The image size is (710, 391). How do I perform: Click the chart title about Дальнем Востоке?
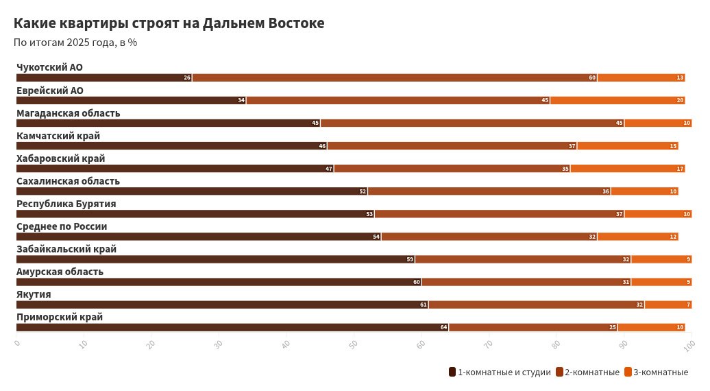point(169,23)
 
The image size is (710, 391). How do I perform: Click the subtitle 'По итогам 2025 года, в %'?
point(75,43)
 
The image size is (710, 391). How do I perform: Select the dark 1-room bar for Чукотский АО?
point(103,78)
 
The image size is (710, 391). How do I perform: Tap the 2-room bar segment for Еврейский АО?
point(397,100)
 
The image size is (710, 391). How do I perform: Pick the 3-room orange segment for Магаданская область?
point(658,123)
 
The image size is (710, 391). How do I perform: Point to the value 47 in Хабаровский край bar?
point(329,169)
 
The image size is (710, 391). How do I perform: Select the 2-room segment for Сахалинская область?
point(489,191)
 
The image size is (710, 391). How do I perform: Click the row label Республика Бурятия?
point(66,204)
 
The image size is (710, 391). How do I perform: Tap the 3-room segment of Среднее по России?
point(637,237)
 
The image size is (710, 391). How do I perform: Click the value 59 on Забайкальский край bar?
point(410,259)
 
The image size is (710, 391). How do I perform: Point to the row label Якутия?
point(34,294)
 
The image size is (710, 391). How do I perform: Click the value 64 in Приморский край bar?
point(443,327)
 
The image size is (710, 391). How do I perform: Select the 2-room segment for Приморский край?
point(532,327)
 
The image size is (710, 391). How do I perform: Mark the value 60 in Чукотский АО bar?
point(592,78)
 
